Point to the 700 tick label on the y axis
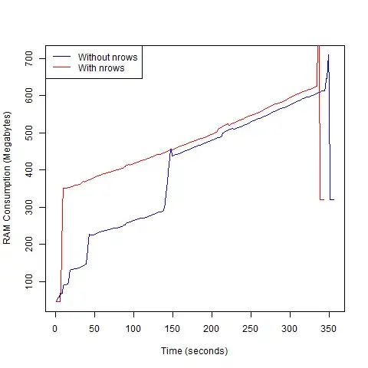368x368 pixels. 30,58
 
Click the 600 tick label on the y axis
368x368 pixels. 30,95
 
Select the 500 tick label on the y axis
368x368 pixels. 30,133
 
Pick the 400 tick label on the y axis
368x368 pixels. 30,169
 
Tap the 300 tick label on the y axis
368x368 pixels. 30,207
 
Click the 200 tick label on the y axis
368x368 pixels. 30,244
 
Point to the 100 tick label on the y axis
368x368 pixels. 30,281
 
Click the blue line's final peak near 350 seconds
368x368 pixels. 328,55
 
